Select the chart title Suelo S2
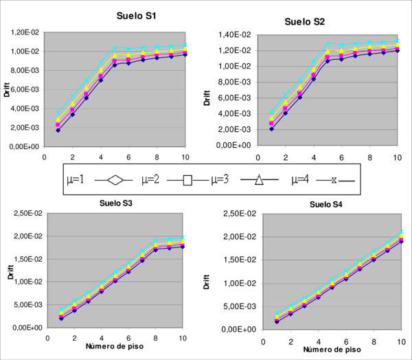tap(304, 21)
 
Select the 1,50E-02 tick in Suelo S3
tap(28, 259)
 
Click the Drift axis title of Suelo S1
tap(7, 89)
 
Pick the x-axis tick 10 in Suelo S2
tap(396, 157)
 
